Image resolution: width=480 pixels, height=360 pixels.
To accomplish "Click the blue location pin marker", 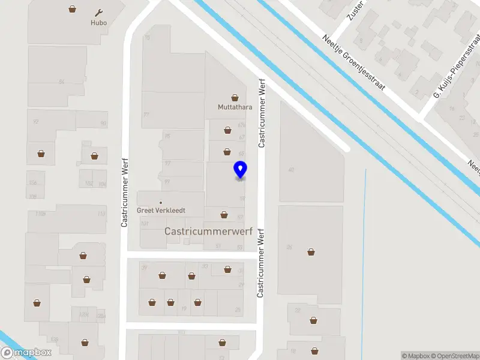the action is click(240, 170).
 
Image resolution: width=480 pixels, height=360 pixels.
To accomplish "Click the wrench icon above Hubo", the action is click(100, 13).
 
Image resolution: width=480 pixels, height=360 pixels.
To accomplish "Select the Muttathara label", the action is click(235, 109).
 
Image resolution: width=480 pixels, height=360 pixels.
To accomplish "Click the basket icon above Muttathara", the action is click(235, 97).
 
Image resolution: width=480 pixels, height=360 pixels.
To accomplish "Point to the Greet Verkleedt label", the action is click(161, 211).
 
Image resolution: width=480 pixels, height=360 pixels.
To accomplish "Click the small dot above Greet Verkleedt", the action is click(161, 202).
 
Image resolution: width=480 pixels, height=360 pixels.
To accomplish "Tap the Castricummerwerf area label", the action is click(208, 231).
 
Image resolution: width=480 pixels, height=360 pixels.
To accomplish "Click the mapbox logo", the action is click(26, 353).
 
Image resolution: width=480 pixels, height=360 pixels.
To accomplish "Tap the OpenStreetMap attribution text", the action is click(456, 356).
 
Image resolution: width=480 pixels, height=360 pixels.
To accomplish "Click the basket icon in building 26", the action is click(311, 252).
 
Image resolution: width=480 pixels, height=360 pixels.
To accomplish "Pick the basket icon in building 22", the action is click(313, 320).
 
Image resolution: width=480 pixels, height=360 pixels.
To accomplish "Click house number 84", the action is click(61, 81).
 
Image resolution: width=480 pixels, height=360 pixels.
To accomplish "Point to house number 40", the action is click(291, 170).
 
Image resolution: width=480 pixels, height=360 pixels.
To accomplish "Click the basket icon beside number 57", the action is click(224, 214).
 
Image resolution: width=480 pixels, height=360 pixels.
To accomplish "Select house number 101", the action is click(144, 224).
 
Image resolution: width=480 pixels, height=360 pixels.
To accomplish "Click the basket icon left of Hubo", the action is click(73, 9).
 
